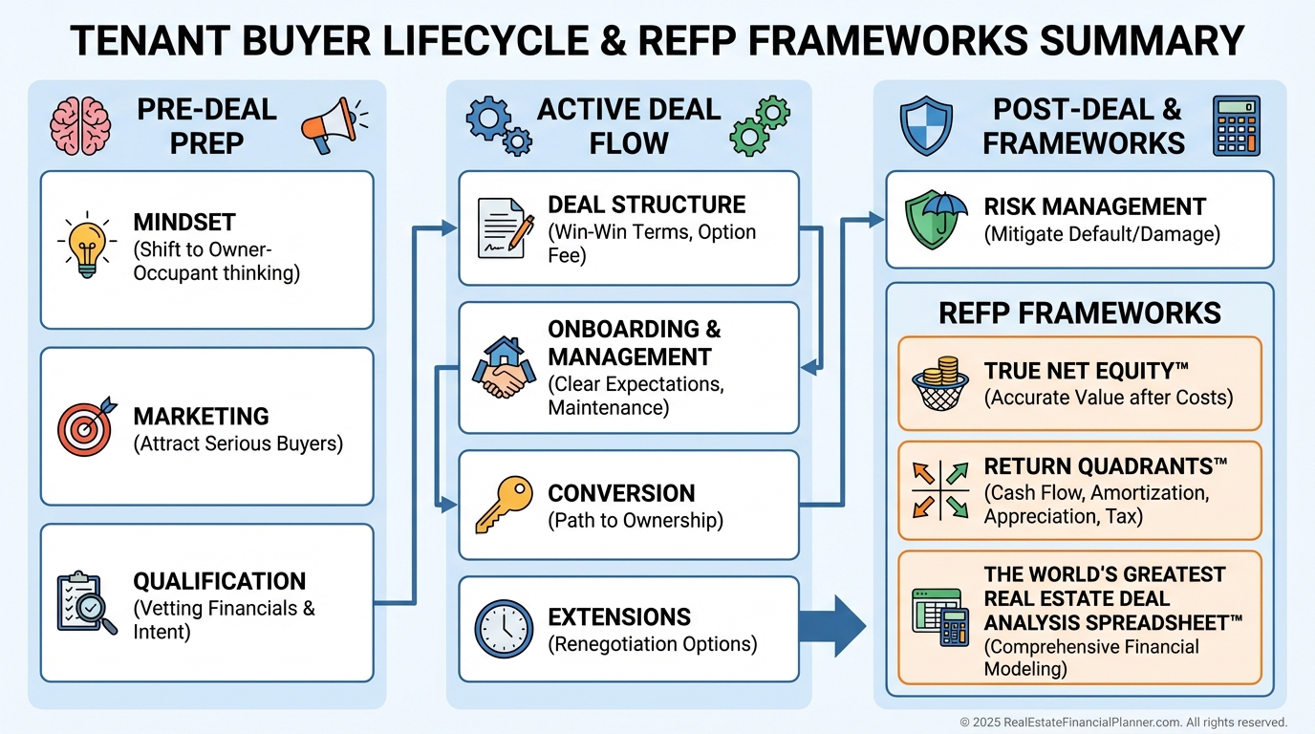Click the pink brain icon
click(x=80, y=126)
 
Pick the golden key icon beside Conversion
click(x=503, y=505)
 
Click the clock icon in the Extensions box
click(x=504, y=629)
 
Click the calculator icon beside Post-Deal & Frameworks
click(x=1237, y=126)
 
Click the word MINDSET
click(x=184, y=223)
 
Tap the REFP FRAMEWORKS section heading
click(x=1080, y=313)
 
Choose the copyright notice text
click(x=1123, y=723)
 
